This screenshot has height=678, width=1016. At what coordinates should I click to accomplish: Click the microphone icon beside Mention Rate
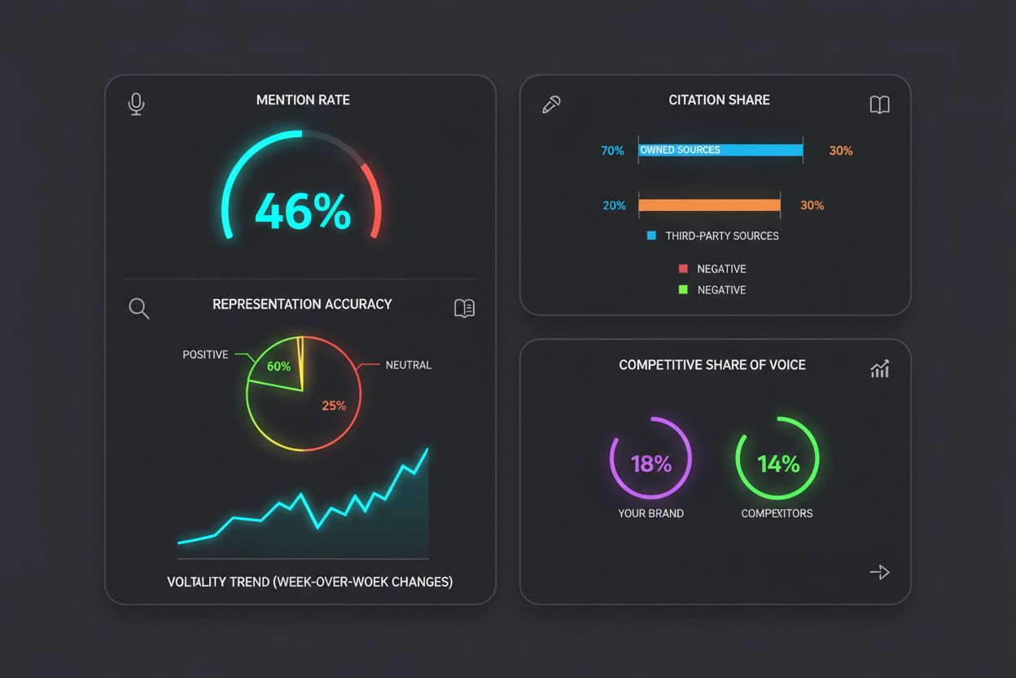pos(137,103)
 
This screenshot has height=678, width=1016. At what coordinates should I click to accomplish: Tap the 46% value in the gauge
pos(303,212)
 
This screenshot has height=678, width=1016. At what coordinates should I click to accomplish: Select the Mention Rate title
pos(303,100)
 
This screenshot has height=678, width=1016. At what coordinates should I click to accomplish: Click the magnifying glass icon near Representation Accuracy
pos(139,308)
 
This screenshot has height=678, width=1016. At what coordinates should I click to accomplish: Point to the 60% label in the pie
pos(278,367)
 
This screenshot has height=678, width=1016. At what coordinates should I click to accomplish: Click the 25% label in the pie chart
pos(334,405)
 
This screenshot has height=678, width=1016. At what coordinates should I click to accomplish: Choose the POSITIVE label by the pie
pos(205,355)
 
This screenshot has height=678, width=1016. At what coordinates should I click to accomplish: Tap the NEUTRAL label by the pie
pos(409,365)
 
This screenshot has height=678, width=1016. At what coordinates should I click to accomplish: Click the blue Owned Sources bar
pos(720,150)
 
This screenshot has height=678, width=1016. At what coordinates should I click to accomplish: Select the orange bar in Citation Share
pos(709,205)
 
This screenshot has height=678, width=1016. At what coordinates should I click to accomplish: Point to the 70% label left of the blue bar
pos(612,151)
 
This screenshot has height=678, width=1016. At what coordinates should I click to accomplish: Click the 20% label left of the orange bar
pos(614,205)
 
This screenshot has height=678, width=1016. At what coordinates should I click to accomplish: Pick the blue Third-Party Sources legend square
pos(651,236)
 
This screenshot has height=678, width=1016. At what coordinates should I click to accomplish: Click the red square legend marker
pos(683,268)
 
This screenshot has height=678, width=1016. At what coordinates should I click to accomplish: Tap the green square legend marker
pos(683,289)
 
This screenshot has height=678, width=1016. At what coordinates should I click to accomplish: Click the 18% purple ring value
pos(651,464)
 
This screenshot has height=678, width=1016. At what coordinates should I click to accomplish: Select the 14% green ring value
pos(778,464)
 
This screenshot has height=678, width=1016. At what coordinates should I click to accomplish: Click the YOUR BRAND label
pos(650,513)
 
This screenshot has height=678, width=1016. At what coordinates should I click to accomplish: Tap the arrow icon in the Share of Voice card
pos(879,572)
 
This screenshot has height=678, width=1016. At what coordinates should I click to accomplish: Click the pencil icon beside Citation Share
pos(551,104)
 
